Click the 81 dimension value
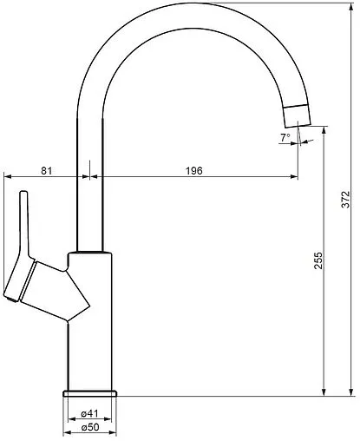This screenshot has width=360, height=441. click(x=46, y=171)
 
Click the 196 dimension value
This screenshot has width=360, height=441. click(x=194, y=171)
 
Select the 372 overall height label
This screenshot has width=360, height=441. click(x=346, y=200)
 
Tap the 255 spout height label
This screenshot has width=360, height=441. click(x=318, y=260)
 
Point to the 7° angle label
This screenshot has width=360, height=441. click(x=285, y=138)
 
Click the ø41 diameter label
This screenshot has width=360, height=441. click(x=90, y=413)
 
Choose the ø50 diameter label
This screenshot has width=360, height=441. click(x=90, y=427)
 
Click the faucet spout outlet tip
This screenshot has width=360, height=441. click(x=298, y=126)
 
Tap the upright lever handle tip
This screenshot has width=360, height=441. click(x=23, y=192)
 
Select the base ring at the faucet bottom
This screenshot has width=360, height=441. click(x=90, y=393)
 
